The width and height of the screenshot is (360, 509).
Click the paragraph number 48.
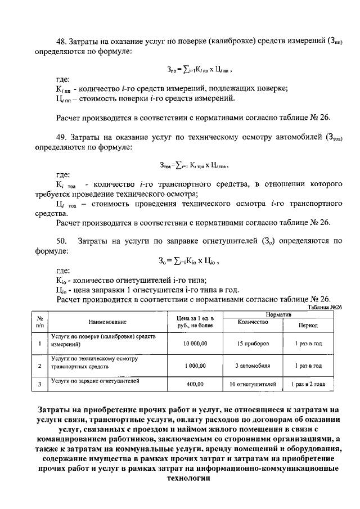pyautogui.click(x=62, y=41)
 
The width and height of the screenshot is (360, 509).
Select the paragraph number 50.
pyautogui.click(x=62, y=242)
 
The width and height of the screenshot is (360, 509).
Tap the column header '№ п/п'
pyautogui.click(x=39, y=322)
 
